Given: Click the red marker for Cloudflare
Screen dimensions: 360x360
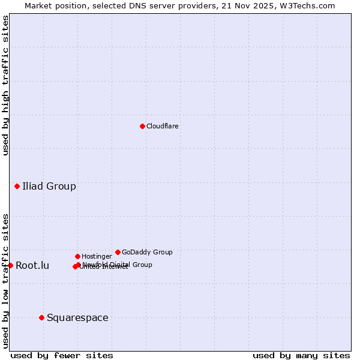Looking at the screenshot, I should (x=142, y=126).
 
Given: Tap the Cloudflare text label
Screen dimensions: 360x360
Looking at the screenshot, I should (x=162, y=126).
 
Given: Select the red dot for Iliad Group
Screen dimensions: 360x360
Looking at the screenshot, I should (x=17, y=186).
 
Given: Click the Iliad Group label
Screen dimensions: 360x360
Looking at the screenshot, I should (x=49, y=186).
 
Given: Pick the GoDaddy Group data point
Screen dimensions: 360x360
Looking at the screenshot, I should (x=118, y=252).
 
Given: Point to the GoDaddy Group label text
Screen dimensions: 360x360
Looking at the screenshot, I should (x=147, y=252).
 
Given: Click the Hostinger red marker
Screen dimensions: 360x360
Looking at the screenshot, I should (x=77, y=256).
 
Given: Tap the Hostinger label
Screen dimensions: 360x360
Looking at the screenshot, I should (x=97, y=256).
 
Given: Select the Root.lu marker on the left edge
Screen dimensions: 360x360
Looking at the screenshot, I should (x=10, y=265).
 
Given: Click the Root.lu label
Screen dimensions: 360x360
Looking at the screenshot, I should (x=32, y=265).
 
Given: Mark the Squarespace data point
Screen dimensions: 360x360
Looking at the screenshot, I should (x=41, y=317).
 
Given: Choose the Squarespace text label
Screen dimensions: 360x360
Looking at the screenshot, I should (x=77, y=317).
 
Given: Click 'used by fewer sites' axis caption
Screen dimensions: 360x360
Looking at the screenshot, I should (x=62, y=355).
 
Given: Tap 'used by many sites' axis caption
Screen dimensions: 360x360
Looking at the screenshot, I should (x=301, y=355).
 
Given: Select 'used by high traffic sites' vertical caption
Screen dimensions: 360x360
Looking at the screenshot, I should (x=5, y=85).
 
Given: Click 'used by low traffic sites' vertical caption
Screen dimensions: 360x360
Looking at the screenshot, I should (x=5, y=280).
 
